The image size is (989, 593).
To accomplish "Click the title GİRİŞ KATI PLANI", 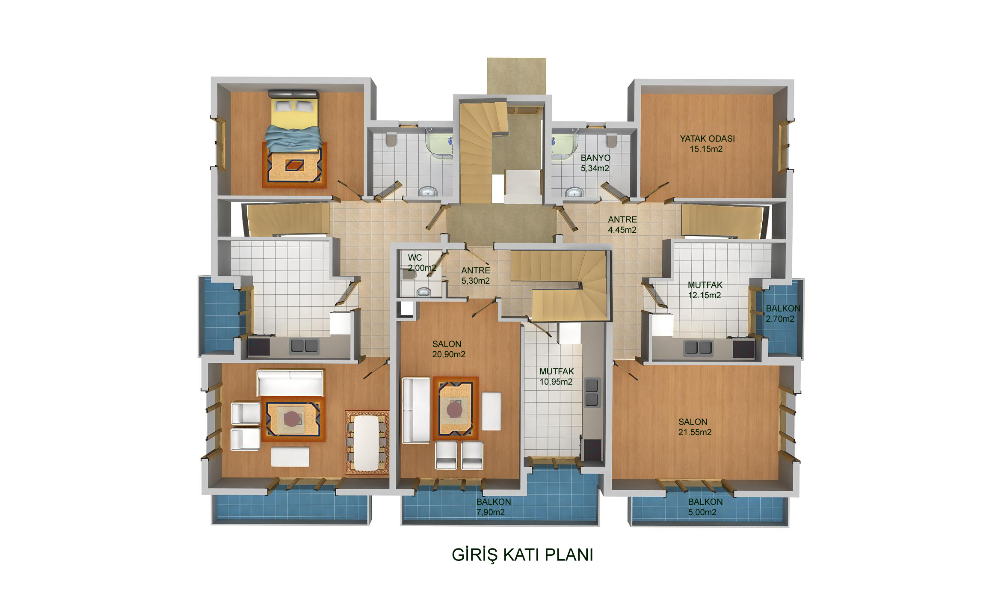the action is [522, 555].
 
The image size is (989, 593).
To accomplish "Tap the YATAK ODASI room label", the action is [707, 139].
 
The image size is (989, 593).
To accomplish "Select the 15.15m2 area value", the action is [706, 149].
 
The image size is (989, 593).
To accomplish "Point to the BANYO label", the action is [595, 158].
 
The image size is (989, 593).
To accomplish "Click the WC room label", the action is [415, 258].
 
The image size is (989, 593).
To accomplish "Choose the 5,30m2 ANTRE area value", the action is [475, 281].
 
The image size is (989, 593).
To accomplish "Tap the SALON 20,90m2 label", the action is [448, 349].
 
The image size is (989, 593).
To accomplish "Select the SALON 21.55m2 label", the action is [695, 427].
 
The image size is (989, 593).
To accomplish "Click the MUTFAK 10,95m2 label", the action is [556, 377].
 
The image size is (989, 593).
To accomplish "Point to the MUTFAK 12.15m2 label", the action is [705, 290].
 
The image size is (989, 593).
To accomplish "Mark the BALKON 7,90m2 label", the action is [494, 507].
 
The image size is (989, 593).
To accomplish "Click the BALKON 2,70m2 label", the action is [782, 314].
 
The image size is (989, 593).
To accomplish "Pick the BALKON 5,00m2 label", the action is [705, 507].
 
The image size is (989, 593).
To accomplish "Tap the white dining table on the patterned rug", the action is [367, 443].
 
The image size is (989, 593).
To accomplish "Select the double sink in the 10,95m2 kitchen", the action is [592, 393].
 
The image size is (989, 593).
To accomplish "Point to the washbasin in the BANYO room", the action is [574, 193].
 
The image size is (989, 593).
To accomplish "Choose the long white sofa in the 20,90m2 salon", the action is [415, 410].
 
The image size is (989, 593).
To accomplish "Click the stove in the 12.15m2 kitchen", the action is [743, 348].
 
